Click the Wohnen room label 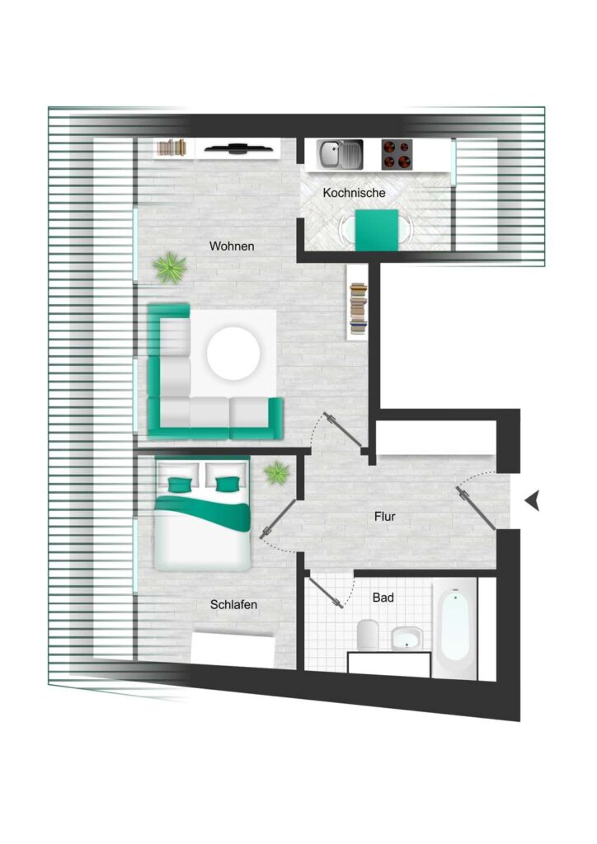tap(232, 246)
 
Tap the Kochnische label tap(354, 193)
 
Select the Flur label tap(385, 517)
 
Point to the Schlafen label tap(233, 604)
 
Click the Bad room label tap(383, 598)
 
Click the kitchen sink tap(340, 154)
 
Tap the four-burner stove tap(397, 154)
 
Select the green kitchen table tap(377, 230)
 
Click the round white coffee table tap(233, 354)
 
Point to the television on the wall tap(237, 148)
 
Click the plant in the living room tap(170, 267)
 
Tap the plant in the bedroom tap(277, 472)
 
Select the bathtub tap(455, 628)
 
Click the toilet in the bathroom tap(369, 634)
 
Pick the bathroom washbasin tap(407, 639)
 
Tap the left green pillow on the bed tap(179, 485)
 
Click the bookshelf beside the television tap(172, 148)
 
